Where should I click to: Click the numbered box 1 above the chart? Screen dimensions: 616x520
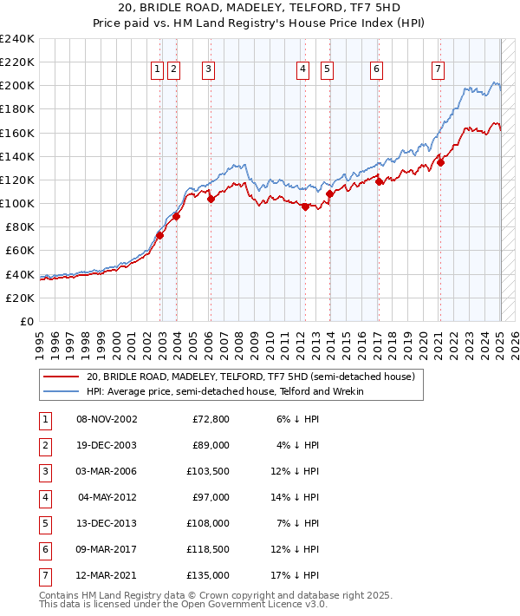157,70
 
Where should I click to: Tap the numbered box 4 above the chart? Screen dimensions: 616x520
302,70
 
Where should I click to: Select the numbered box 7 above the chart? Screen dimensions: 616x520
439,70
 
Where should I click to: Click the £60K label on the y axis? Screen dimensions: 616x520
20,251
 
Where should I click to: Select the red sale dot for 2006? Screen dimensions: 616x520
211,199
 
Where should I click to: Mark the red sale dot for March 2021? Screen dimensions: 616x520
440,162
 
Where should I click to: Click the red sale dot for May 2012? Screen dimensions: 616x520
305,206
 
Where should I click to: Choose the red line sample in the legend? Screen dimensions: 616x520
62,377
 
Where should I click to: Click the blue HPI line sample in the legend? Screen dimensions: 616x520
62,391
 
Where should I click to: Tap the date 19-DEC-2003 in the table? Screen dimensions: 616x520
107,445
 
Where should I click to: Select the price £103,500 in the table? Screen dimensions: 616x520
207,471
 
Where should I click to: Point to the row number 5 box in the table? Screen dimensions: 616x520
44,523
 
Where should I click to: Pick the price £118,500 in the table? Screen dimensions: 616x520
207,549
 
